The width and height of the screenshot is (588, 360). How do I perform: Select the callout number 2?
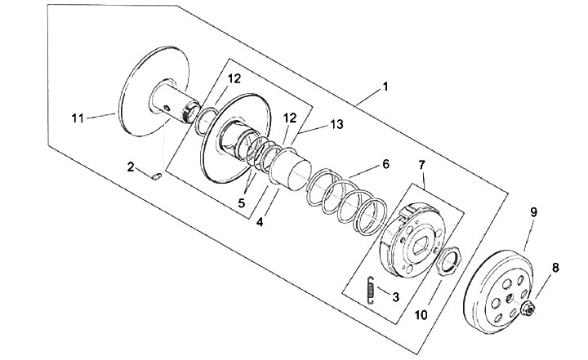pos(131,167)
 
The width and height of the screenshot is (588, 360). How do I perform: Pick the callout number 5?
pos(241,202)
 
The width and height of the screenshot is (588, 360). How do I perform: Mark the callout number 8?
pos(555,266)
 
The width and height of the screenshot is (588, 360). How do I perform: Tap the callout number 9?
pos(532,212)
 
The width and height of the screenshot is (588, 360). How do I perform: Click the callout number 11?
pos(78,118)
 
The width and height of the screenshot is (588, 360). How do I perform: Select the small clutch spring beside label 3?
pos(370,288)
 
